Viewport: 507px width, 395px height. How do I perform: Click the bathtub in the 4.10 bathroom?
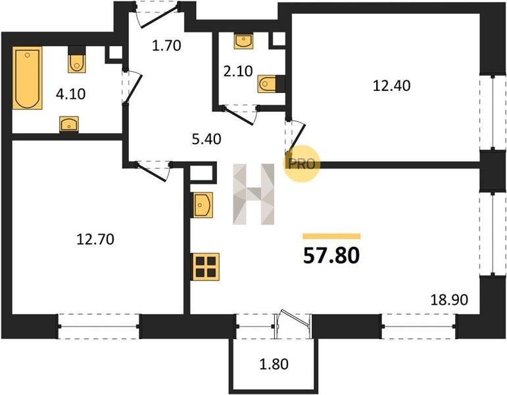(x=28, y=78)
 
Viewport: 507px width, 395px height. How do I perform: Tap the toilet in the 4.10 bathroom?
(x=77, y=62)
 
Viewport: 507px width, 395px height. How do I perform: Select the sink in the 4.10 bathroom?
(x=69, y=124)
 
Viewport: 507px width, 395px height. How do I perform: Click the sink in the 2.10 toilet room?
(x=243, y=41)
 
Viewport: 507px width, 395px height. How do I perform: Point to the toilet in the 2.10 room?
(x=267, y=84)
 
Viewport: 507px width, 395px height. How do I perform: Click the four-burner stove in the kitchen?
(x=206, y=267)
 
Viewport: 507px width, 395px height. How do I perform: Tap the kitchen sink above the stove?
(x=203, y=205)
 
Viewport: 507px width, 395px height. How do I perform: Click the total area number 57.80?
(x=331, y=255)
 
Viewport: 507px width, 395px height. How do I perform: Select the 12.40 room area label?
(x=391, y=86)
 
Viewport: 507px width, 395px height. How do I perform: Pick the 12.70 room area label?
(x=95, y=239)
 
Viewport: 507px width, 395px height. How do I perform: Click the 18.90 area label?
(x=449, y=300)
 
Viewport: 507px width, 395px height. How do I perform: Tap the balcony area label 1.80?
(x=274, y=364)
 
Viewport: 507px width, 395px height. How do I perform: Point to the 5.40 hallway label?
(x=206, y=139)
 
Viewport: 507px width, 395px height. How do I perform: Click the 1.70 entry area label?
(x=166, y=45)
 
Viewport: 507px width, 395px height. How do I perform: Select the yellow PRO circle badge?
(x=302, y=164)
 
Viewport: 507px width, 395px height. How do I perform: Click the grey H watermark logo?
(x=254, y=194)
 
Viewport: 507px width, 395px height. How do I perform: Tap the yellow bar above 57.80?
(x=331, y=236)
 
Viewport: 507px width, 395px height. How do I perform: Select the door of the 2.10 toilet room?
(x=240, y=115)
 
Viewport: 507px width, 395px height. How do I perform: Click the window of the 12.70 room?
(x=99, y=327)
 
